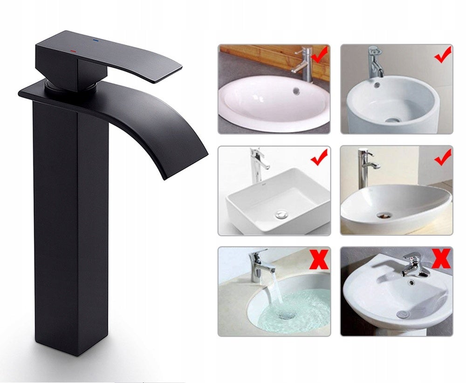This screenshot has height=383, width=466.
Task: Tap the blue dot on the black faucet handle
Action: (96, 41)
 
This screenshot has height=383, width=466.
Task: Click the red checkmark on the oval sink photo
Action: (320, 56)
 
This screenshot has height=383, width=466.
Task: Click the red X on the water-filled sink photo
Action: (319, 260)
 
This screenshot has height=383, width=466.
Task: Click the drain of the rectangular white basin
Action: (281, 214)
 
